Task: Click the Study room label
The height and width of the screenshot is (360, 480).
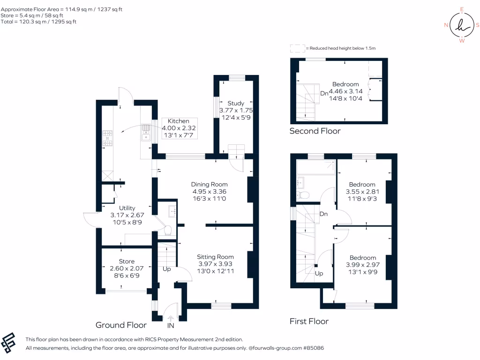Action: (x=236, y=103)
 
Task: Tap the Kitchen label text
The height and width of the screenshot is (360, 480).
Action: (x=179, y=121)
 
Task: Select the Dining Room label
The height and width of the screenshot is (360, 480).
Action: (x=210, y=184)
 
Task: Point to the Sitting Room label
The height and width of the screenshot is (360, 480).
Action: (x=215, y=257)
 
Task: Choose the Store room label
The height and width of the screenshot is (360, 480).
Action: (x=127, y=262)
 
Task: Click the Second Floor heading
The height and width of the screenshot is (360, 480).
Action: (x=315, y=131)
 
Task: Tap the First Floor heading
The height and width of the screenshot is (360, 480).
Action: (x=309, y=321)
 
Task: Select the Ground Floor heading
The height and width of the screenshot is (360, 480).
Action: (x=121, y=325)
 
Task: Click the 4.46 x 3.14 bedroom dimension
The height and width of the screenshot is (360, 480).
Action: (x=345, y=92)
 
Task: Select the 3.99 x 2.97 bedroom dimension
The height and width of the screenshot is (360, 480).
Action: (x=363, y=265)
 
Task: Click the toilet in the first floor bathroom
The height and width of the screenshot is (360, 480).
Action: (x=303, y=195)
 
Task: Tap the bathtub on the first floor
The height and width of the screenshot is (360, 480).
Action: (x=316, y=166)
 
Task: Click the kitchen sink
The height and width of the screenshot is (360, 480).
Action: (x=146, y=133)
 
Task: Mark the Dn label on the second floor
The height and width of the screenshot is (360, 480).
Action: (x=324, y=93)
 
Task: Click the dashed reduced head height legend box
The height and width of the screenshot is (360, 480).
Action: (x=297, y=48)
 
